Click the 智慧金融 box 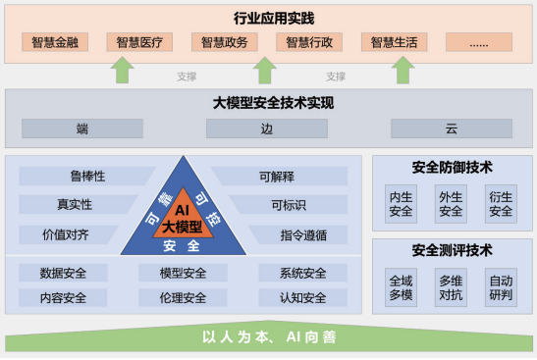(x=54, y=42)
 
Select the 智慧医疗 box (x=138, y=42)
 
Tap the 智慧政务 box (x=224, y=42)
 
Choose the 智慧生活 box (x=394, y=42)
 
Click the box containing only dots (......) (x=478, y=42)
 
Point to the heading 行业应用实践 (x=268, y=18)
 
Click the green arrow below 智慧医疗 (x=122, y=70)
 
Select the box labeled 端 (x=82, y=129)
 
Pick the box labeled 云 (x=451, y=129)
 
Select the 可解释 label (x=277, y=177)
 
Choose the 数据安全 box (x=63, y=273)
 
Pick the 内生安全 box (x=401, y=203)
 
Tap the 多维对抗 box (x=451, y=287)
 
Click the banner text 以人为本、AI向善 (x=268, y=336)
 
